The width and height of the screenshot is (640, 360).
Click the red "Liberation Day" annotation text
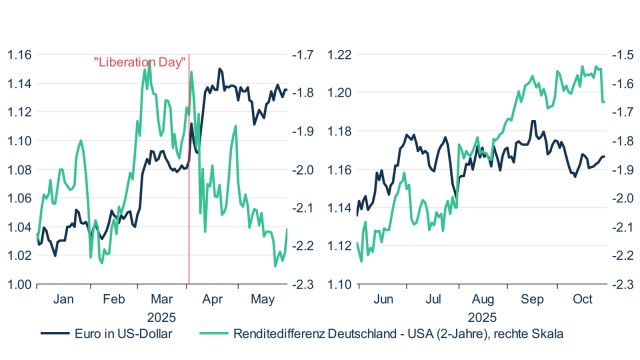[x=139, y=62]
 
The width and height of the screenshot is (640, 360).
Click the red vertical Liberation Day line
[x=189, y=200]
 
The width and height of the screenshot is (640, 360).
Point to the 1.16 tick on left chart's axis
[x=18, y=54]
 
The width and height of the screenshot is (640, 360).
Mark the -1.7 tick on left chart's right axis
[x=302, y=54]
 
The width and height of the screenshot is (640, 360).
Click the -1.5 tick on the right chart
[x=624, y=54]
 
